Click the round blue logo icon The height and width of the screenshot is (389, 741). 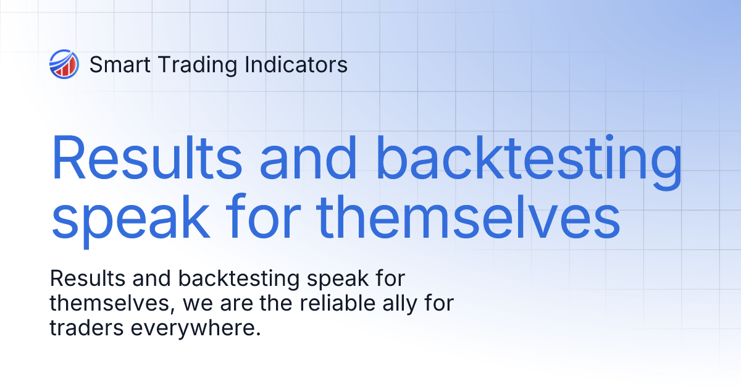[64, 64]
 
